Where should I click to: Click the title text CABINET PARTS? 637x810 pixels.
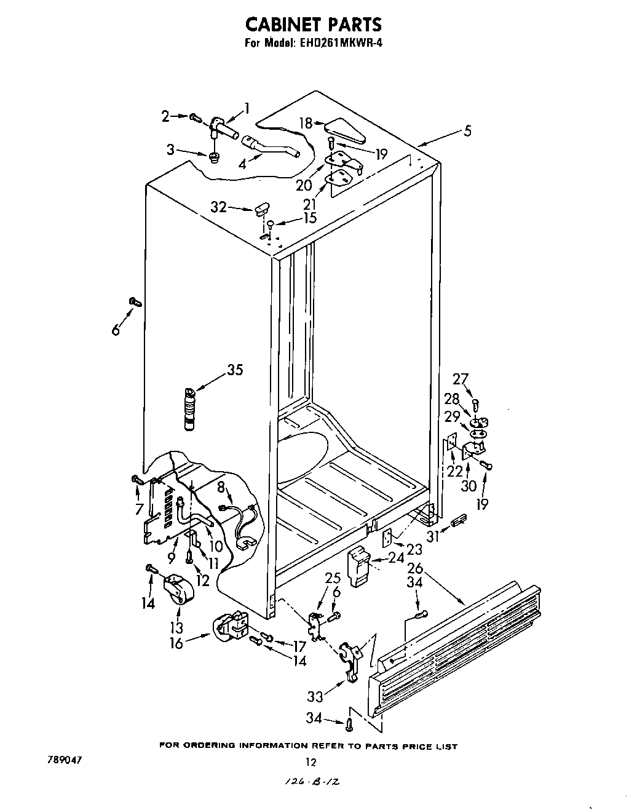coord(314,24)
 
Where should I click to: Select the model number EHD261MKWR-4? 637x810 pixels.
coord(340,43)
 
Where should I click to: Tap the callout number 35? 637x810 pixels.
coord(234,370)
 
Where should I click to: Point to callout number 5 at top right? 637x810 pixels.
coord(468,131)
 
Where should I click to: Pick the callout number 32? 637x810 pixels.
coord(219,207)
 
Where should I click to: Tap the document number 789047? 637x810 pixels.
coord(64,760)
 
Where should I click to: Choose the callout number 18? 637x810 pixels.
coord(306,122)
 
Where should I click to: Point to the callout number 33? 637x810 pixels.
coord(315,697)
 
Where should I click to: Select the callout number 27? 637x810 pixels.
coord(461,379)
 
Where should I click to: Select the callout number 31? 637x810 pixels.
coord(433,537)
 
